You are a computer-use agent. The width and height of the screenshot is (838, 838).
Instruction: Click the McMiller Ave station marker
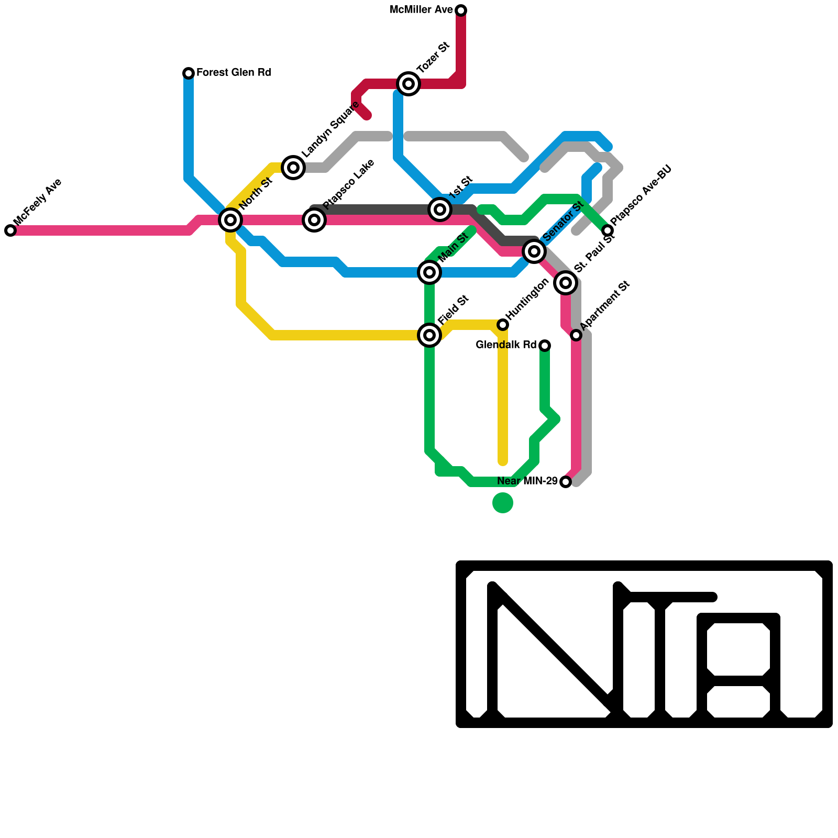pyautogui.click(x=461, y=10)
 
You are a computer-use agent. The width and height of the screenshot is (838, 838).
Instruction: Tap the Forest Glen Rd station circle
pyautogui.click(x=189, y=73)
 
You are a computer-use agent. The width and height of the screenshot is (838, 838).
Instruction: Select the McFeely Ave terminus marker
pyautogui.click(x=10, y=230)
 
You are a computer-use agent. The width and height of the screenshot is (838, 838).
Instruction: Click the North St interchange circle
pyautogui.click(x=230, y=220)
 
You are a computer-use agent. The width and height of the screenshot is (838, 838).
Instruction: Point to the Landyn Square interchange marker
pyautogui.click(x=293, y=168)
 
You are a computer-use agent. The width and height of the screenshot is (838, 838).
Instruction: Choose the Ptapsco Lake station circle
pyautogui.click(x=314, y=220)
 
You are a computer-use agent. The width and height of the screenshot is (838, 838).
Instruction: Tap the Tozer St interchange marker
pyautogui.click(x=409, y=84)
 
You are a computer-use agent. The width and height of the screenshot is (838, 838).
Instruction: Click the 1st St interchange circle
pyautogui.click(x=440, y=210)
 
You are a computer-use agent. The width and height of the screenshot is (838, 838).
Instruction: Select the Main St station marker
pyautogui.click(x=429, y=272)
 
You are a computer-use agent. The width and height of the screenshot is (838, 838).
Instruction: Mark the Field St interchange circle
pyautogui.click(x=429, y=335)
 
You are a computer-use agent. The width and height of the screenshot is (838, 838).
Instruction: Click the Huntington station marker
pyautogui.click(x=503, y=325)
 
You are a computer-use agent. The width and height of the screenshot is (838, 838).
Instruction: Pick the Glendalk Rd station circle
pyautogui.click(x=545, y=346)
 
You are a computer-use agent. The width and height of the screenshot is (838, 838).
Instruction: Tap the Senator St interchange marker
pyautogui.click(x=534, y=251)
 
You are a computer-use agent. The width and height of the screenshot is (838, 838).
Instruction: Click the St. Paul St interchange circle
pyautogui.click(x=566, y=283)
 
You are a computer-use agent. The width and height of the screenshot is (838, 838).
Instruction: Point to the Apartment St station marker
pyautogui.click(x=576, y=335)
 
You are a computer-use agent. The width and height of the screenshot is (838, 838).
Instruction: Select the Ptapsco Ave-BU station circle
pyautogui.click(x=608, y=230)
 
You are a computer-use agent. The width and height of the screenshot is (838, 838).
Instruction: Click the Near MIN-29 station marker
pyautogui.click(x=566, y=482)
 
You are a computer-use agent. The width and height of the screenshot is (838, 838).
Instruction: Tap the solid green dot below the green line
pyautogui.click(x=503, y=503)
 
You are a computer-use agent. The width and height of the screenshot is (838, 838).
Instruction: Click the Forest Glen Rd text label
pyautogui.click(x=234, y=73)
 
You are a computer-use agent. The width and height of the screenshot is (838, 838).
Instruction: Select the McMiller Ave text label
pyautogui.click(x=421, y=10)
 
